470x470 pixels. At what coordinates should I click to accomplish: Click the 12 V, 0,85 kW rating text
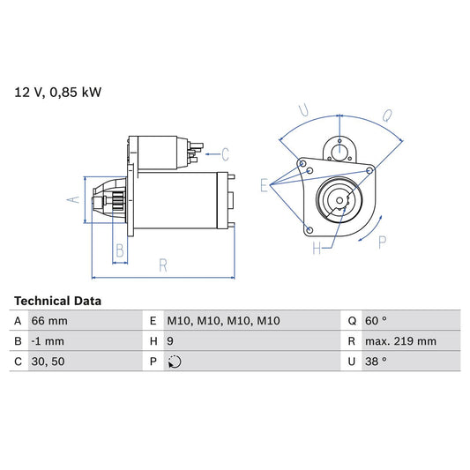point(57,92)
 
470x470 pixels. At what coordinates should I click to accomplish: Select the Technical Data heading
point(57,301)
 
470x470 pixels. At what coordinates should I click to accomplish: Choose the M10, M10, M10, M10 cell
point(223,321)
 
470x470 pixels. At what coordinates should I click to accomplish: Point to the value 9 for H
point(171,341)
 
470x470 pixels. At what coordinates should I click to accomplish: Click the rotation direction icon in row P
point(175,362)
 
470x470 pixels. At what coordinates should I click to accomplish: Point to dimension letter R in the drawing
point(164,264)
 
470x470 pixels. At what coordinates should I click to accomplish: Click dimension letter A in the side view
point(75,199)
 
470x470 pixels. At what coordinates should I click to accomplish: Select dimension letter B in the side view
point(120,250)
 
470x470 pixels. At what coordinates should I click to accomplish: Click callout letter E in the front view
point(263,185)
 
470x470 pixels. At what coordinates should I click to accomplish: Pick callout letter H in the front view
point(316,250)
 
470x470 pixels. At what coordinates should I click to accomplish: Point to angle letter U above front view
point(304,111)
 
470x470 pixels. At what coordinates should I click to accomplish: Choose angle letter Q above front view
point(388,114)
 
